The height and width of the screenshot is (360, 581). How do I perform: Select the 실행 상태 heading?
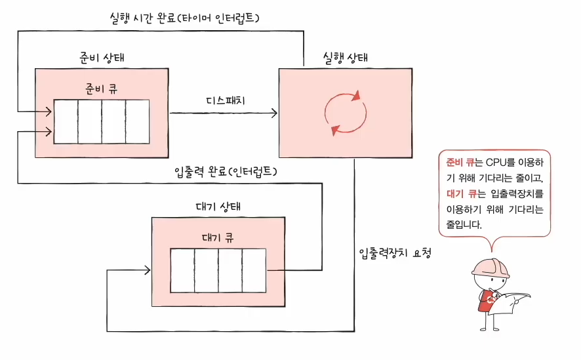[x=345, y=57]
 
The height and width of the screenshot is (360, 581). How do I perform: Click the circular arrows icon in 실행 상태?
[x=346, y=113]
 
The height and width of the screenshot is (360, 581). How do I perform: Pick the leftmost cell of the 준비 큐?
[x=66, y=122]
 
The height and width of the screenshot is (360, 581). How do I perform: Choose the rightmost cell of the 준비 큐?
[x=137, y=122]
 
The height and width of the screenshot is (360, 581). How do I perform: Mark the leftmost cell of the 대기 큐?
[x=182, y=271]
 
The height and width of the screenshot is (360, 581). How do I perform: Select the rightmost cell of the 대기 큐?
[x=254, y=271]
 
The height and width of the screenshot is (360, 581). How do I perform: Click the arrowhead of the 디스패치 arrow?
[x=273, y=113]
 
